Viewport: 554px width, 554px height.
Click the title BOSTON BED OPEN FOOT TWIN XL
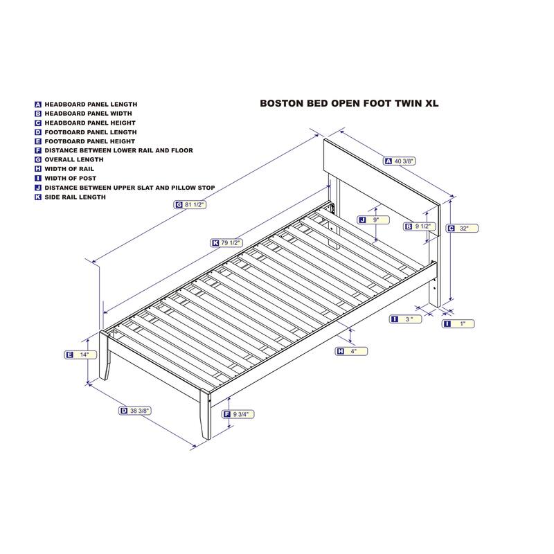click(x=349, y=103)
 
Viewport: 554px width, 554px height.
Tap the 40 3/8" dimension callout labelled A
click(x=400, y=161)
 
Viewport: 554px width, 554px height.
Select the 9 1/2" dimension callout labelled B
click(x=420, y=226)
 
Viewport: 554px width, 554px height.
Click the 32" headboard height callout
click(x=462, y=229)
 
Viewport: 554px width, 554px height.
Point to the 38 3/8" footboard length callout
click(x=135, y=411)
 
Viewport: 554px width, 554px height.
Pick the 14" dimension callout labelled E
click(x=80, y=355)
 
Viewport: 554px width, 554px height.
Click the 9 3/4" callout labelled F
click(x=238, y=414)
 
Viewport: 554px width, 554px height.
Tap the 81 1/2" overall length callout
click(x=190, y=204)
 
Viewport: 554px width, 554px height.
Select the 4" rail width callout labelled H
click(x=351, y=351)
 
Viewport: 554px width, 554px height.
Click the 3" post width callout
click(x=406, y=319)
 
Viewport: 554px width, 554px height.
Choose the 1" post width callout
click(x=458, y=323)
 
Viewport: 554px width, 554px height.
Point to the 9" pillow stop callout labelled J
click(x=373, y=220)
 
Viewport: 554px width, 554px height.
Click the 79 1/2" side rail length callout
click(x=226, y=243)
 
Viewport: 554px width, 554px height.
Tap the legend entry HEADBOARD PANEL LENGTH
click(x=86, y=105)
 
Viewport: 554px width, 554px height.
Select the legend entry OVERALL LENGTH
click(x=69, y=160)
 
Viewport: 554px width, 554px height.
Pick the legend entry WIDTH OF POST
click(x=65, y=179)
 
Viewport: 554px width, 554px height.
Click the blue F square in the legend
click(x=38, y=150)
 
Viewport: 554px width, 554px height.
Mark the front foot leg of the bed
click(x=205, y=414)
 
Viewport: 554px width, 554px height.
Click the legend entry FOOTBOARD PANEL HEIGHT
click(x=84, y=141)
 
